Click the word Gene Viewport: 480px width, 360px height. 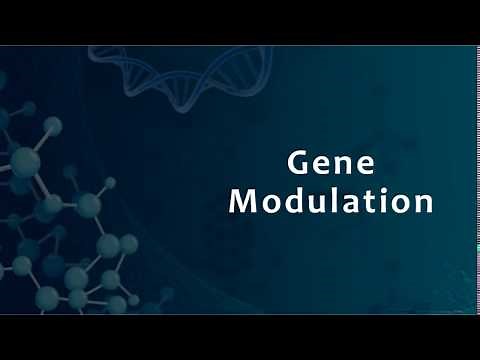point(331,163)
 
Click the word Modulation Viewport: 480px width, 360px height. point(331,201)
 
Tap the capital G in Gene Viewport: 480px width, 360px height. point(299,163)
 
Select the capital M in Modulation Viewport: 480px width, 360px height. point(243,201)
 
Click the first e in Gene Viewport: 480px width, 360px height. point(321,165)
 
